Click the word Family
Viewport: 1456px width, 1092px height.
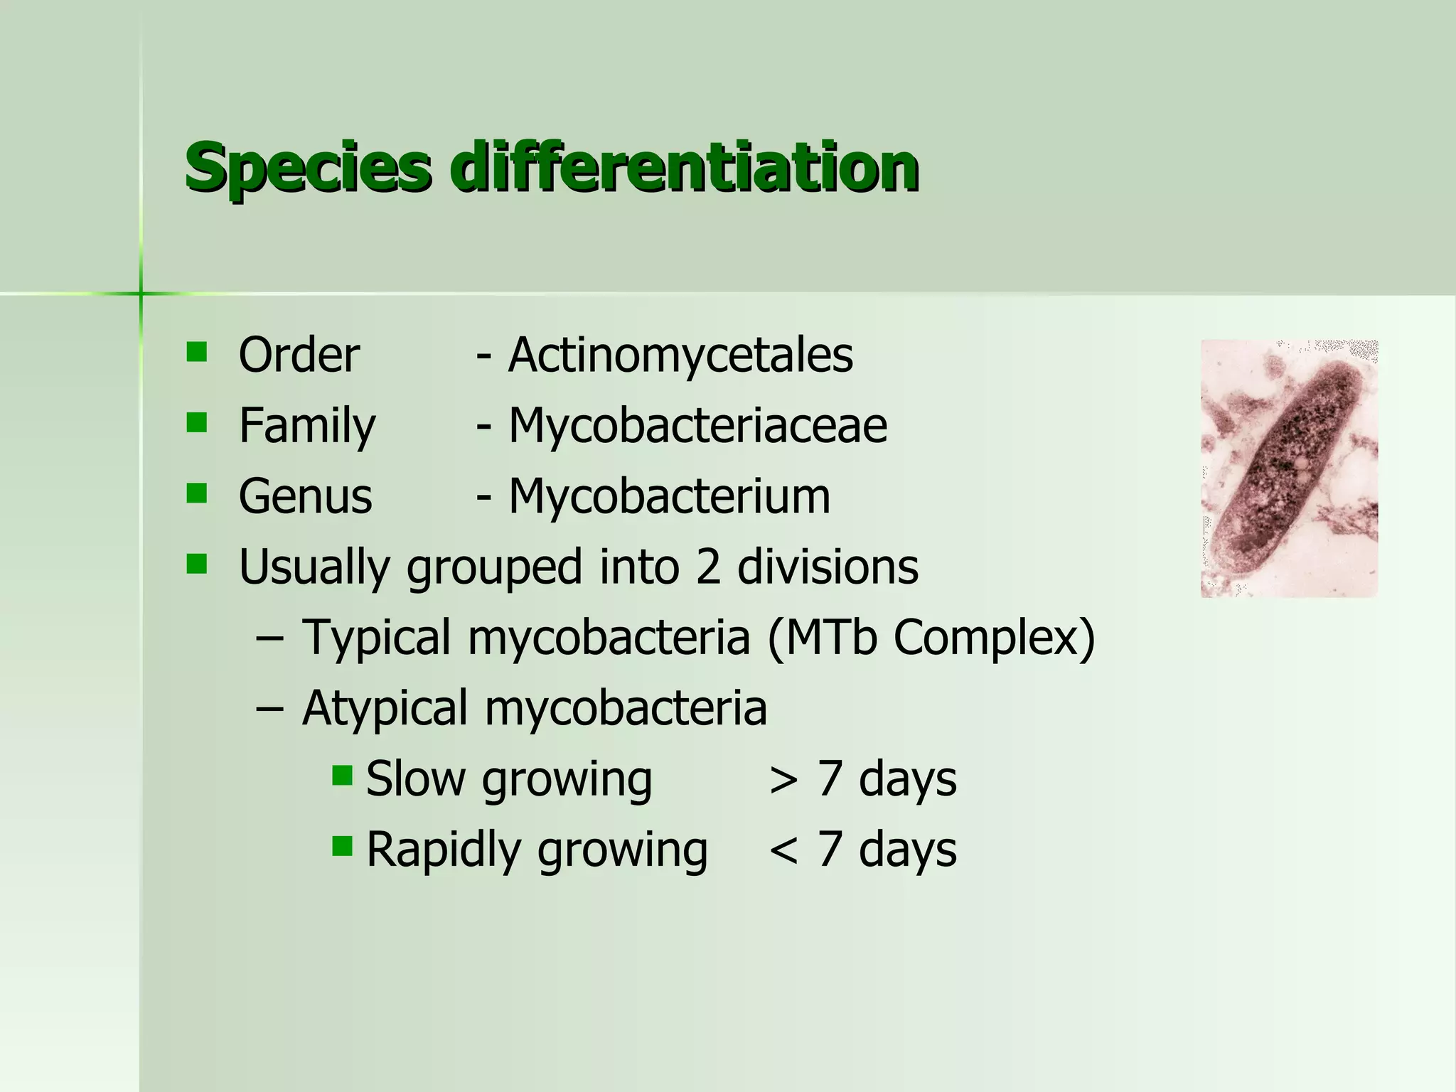tap(306, 425)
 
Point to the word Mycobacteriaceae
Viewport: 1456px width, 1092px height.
tap(697, 425)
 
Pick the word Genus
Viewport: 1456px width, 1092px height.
tap(305, 496)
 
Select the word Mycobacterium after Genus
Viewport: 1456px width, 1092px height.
tap(669, 496)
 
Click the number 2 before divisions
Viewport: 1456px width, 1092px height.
tap(708, 567)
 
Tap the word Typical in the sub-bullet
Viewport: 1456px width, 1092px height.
tap(377, 638)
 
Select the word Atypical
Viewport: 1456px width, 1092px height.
tap(385, 708)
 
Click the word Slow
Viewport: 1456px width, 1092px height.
tap(415, 778)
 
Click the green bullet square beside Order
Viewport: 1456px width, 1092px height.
tap(196, 352)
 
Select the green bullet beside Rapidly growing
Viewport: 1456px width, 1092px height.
tap(342, 845)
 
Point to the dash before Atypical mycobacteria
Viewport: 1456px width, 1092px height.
tap(270, 709)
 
